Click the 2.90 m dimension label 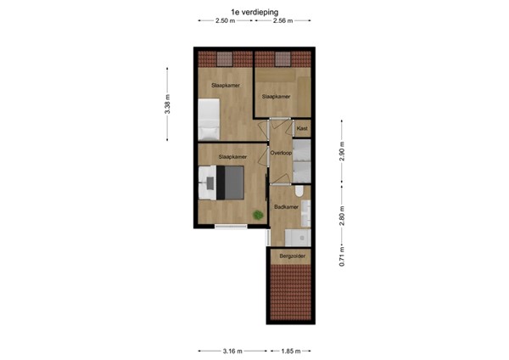click(x=342, y=152)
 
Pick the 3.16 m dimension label click(x=232, y=351)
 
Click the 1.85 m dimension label click(x=291, y=351)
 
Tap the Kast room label click(x=301, y=128)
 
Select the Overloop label click(x=281, y=153)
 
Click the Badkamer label click(x=285, y=206)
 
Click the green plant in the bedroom click(x=257, y=214)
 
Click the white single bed click(x=209, y=119)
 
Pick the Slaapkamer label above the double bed click(x=232, y=157)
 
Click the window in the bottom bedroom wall click(x=231, y=226)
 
